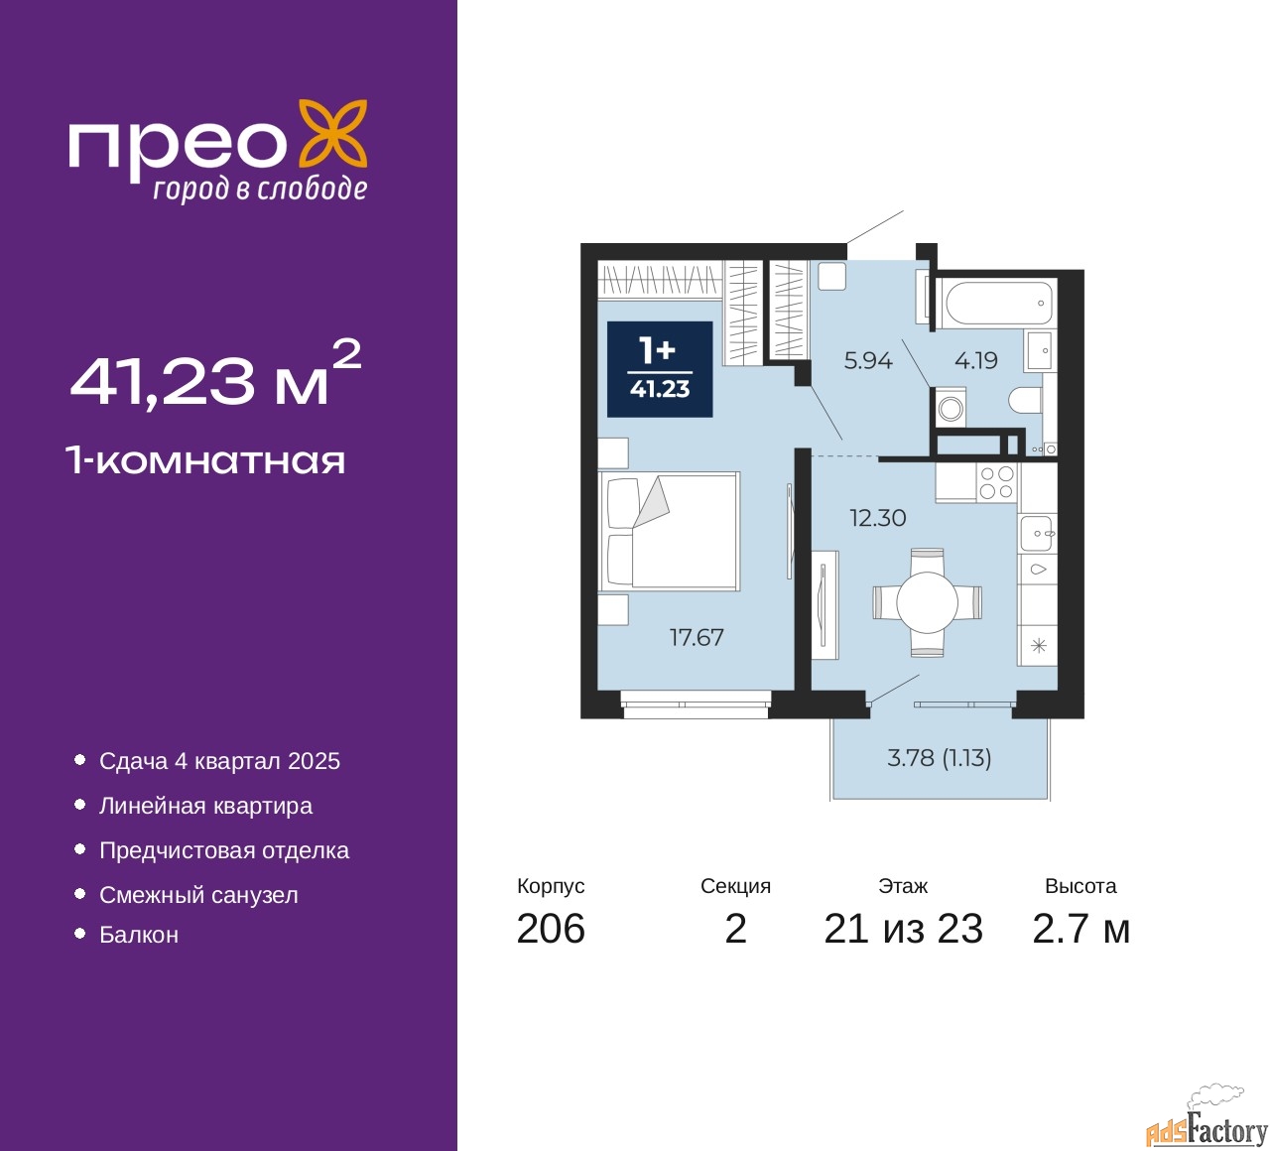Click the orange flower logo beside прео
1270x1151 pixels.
click(x=333, y=133)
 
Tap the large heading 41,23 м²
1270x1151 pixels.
click(x=214, y=377)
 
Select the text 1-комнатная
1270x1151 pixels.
click(x=205, y=460)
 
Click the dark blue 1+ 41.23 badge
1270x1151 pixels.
click(x=660, y=369)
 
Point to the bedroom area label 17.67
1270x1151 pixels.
click(x=697, y=637)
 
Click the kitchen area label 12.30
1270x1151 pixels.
click(x=877, y=518)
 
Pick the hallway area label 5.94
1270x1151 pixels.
click(x=867, y=361)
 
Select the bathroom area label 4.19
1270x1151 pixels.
click(x=975, y=361)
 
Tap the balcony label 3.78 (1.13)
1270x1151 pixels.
click(x=939, y=758)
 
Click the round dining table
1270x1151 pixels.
click(x=927, y=602)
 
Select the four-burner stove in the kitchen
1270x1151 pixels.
click(x=996, y=483)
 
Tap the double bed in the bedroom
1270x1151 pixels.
click(x=670, y=532)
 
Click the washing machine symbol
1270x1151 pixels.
click(x=951, y=408)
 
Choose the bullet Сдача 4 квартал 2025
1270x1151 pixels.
click(x=219, y=761)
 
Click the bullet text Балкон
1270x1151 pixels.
click(x=139, y=935)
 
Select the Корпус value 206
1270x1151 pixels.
click(x=551, y=929)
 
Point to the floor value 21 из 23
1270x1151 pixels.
click(x=903, y=929)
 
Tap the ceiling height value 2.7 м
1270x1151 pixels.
click(x=1080, y=929)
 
